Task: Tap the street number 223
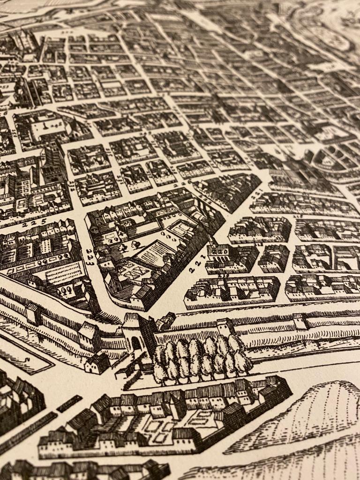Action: click(x=90, y=257)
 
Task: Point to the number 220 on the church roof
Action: click(x=220, y=251)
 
